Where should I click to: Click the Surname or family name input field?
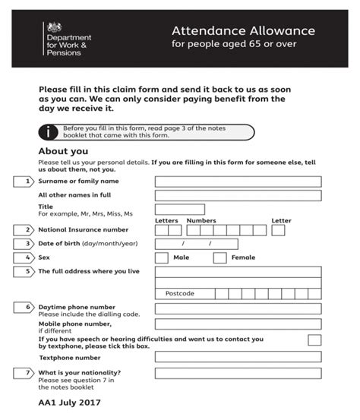(x=238, y=182)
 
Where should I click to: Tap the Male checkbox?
(x=161, y=257)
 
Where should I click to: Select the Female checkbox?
(x=219, y=257)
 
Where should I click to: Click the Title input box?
(x=179, y=209)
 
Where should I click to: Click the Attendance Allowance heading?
(x=242, y=31)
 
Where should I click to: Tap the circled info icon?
(x=50, y=132)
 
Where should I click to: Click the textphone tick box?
(x=314, y=340)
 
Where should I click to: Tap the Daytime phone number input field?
(x=238, y=308)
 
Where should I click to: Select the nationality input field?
(x=238, y=373)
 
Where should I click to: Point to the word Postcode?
(x=180, y=293)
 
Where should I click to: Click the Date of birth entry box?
(x=195, y=244)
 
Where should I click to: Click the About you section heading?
(x=63, y=151)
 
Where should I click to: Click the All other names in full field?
(x=238, y=195)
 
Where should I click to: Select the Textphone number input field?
(x=238, y=357)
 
